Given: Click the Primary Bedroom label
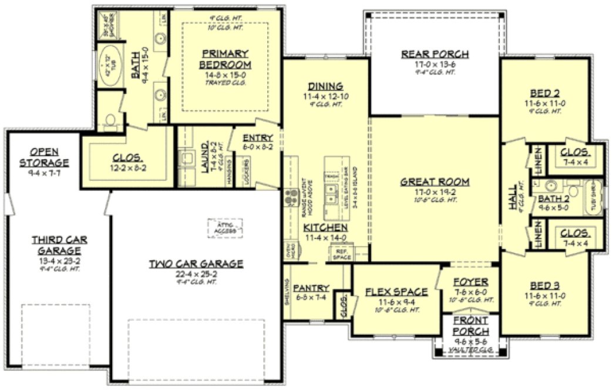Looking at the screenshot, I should click(x=225, y=59).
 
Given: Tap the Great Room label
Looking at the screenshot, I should click(x=435, y=182).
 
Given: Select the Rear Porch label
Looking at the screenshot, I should click(x=435, y=55).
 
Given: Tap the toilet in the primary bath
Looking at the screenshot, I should click(x=109, y=122).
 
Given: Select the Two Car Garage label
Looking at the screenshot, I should click(x=196, y=264).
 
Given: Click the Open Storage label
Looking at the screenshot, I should click(x=44, y=157).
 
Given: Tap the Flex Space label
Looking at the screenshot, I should click(x=396, y=292).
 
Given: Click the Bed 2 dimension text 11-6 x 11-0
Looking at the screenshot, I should click(x=544, y=101).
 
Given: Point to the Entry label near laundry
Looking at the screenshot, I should click(x=257, y=137).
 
